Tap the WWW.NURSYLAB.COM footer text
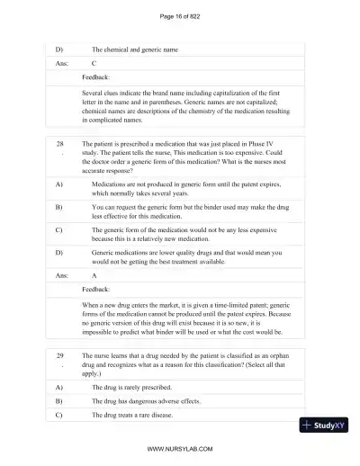tap(180, 446)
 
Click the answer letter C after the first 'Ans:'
tap(94, 64)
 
